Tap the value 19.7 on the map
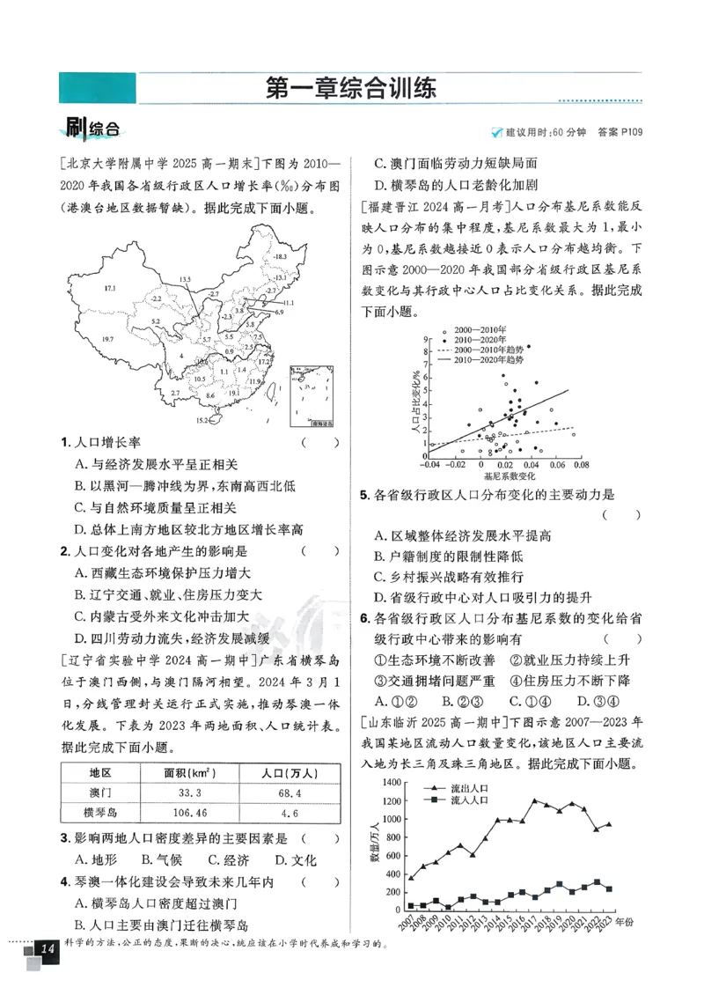[108, 339]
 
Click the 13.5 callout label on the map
[184, 279]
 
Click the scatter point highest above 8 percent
[528, 347]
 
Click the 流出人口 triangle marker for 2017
[534, 800]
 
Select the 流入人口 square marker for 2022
[598, 881]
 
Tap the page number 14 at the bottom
[48, 949]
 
